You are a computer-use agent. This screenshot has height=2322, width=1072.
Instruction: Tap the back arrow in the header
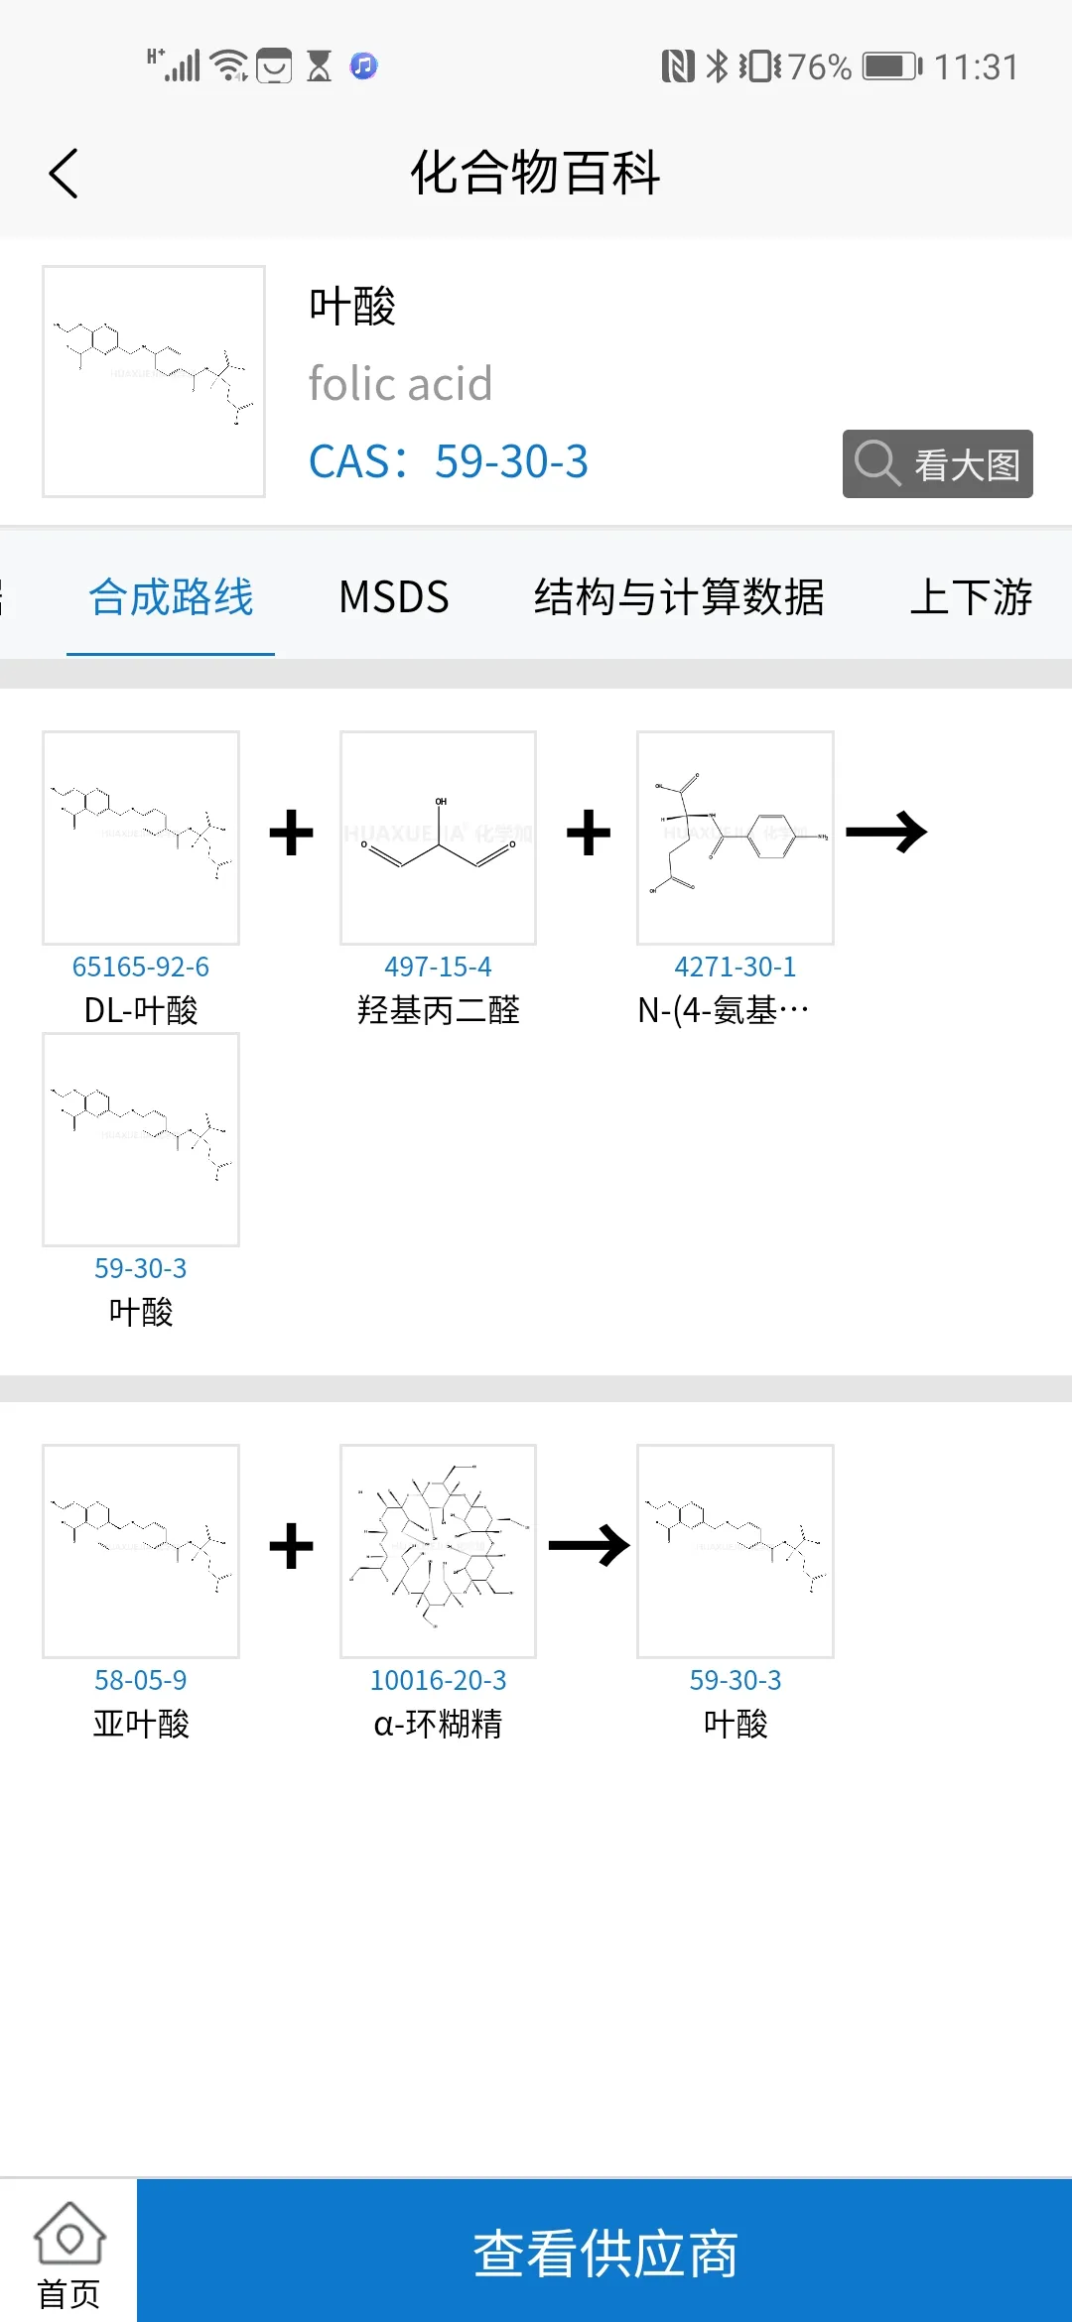coord(64,174)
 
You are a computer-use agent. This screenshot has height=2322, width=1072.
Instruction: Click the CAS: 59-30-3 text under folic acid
coord(449,461)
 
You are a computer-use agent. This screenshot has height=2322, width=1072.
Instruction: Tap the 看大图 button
coord(937,463)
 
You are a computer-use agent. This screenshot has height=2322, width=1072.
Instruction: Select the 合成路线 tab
coord(171,597)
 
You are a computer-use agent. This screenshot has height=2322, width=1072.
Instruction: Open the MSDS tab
coord(394,597)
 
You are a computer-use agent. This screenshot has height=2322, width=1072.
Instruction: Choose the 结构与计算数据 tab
coord(679,597)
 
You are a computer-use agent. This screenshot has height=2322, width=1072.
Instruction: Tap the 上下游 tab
coord(971,597)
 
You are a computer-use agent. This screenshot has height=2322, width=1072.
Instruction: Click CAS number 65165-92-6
coord(141,967)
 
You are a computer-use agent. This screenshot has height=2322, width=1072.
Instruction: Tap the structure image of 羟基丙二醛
coord(438,838)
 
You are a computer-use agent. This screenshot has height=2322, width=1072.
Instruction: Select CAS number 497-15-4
coord(438,967)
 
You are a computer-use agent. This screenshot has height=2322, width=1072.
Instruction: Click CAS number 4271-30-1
coord(735,967)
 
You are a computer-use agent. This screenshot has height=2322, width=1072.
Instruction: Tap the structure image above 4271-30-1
coord(735,838)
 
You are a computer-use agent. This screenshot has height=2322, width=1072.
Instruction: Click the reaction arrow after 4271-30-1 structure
coord(886,833)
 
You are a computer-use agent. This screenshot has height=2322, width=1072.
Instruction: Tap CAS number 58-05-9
coord(141,1680)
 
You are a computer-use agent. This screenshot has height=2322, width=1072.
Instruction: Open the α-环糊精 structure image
coord(438,1550)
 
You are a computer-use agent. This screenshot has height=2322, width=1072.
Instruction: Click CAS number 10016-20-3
coord(438,1680)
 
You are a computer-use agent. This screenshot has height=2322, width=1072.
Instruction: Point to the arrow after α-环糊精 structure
coord(589,1545)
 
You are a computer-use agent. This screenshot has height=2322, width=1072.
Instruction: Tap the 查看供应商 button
coord(604,2253)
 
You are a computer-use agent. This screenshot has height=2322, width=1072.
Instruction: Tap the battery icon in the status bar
coord(891,66)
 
